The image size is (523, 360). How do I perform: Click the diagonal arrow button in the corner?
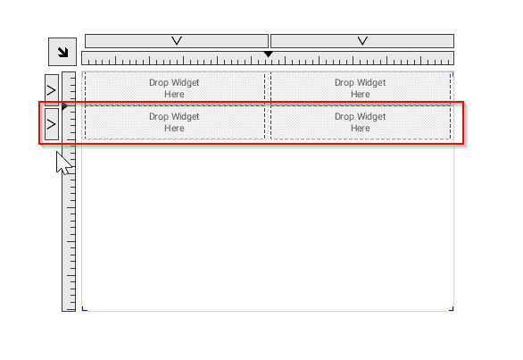click(x=62, y=52)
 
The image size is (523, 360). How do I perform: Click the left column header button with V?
click(x=177, y=41)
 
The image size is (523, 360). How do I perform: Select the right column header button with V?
click(x=362, y=41)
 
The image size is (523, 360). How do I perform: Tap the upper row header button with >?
click(x=52, y=90)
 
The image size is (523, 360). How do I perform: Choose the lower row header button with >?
click(x=52, y=124)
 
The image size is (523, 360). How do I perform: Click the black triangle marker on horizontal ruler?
click(x=268, y=54)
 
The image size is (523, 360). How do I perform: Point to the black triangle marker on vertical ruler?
click(x=65, y=106)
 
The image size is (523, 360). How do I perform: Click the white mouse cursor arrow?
click(x=63, y=163)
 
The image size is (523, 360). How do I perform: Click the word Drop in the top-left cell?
click(x=159, y=83)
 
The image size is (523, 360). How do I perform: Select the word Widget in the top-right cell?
click(x=370, y=83)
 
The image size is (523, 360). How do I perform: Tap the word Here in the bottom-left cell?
click(x=174, y=129)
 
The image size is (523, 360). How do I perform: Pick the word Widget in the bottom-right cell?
click(x=370, y=116)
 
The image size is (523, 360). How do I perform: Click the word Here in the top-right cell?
click(x=361, y=94)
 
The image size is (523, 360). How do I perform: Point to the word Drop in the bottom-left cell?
click(x=159, y=117)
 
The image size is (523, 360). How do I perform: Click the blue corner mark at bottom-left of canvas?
click(x=85, y=309)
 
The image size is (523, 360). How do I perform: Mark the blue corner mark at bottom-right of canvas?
click(x=452, y=309)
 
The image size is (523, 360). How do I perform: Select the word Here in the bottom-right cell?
click(x=361, y=129)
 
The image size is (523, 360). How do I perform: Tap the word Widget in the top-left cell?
click(x=185, y=83)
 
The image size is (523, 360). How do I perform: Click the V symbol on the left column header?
click(x=177, y=41)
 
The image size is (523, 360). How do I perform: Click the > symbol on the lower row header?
click(x=51, y=124)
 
